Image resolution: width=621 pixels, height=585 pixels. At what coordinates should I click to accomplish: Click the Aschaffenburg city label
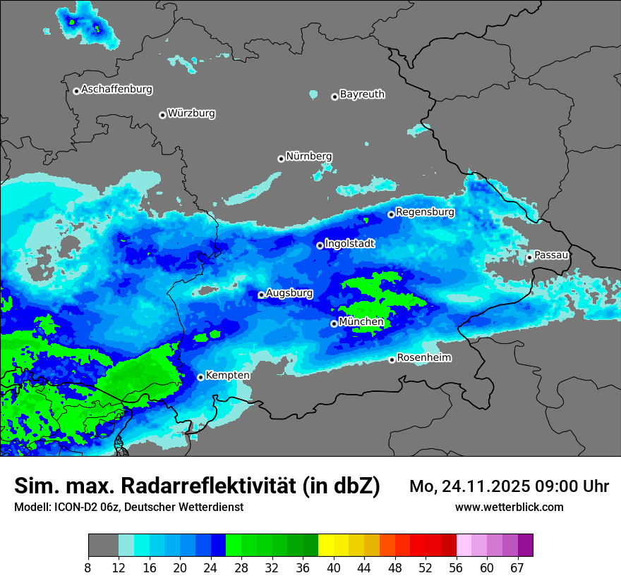pyautogui.click(x=116, y=90)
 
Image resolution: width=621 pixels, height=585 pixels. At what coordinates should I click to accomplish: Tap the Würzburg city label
pyautogui.click(x=191, y=113)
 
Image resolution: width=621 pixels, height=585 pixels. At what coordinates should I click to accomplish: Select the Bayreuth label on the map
pyautogui.click(x=362, y=94)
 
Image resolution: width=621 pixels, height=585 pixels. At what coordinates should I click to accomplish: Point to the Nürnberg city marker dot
pyautogui.click(x=281, y=159)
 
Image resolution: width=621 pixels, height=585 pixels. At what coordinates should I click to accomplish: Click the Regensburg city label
pyautogui.click(x=425, y=212)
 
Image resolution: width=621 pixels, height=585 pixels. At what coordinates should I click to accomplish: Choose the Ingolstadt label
pyautogui.click(x=349, y=244)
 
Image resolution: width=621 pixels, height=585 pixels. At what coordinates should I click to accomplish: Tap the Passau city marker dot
pyautogui.click(x=529, y=257)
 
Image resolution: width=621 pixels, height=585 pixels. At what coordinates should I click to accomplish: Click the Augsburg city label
pyautogui.click(x=289, y=293)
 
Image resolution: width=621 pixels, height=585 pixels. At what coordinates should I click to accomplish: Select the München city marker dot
pyautogui.click(x=334, y=324)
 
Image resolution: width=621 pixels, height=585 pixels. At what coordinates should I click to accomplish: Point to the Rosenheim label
pyautogui.click(x=423, y=358)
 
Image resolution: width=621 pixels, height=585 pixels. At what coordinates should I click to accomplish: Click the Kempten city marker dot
pyautogui.click(x=200, y=377)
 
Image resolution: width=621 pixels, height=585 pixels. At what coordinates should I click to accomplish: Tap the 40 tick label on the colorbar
pyautogui.click(x=334, y=567)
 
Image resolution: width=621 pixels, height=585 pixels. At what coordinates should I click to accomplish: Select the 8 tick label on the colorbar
pyautogui.click(x=88, y=567)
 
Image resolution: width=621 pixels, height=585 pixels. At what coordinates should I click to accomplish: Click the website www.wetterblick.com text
pyautogui.click(x=509, y=507)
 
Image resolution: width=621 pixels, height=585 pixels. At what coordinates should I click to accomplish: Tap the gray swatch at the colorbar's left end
pyautogui.click(x=103, y=546)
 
